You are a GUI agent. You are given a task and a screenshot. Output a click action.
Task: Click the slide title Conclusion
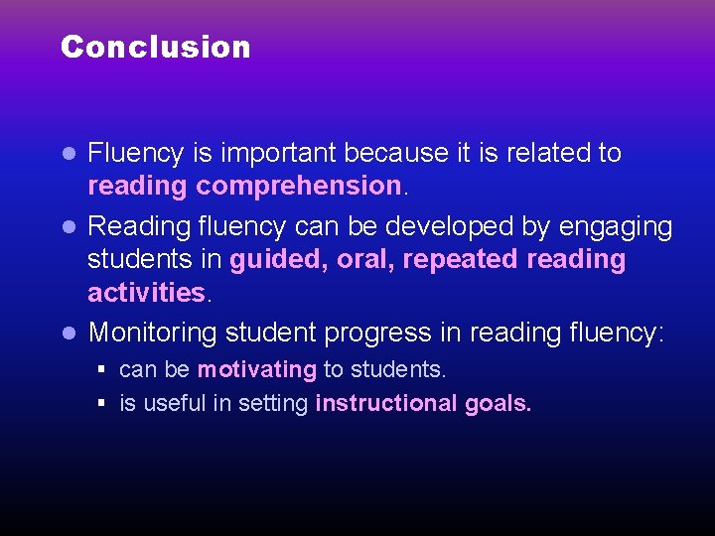point(155,47)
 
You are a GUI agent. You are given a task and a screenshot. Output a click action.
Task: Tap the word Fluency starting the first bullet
point(136,154)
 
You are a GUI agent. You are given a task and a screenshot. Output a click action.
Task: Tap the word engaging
point(616,227)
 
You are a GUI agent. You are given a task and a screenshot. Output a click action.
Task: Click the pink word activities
point(145,293)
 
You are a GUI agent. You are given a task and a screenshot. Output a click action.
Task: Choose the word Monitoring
point(152,333)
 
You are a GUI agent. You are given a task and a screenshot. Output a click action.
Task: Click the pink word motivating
point(256,370)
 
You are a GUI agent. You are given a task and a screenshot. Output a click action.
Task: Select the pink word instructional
point(385,404)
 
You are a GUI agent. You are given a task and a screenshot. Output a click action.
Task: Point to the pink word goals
point(498,404)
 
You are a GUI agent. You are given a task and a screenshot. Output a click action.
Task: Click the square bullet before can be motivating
point(102,370)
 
